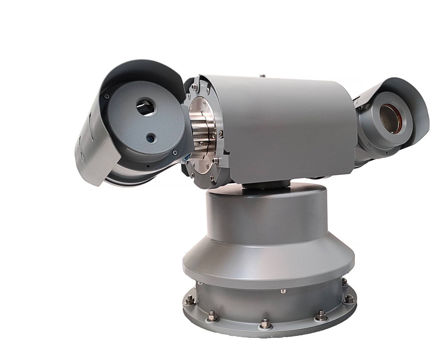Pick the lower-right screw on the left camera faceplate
pyautogui.click(x=175, y=152)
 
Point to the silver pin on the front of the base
pyautogui.click(x=282, y=291)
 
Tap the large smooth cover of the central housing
pyautogui.click(x=288, y=124)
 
